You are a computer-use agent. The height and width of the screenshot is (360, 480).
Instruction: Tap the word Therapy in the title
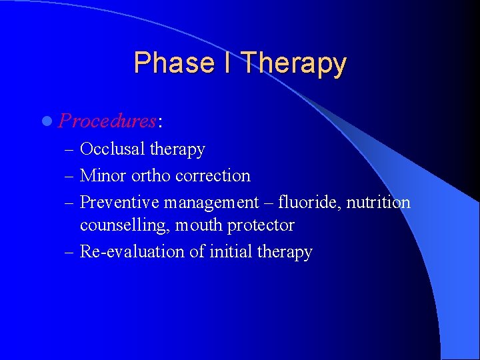click(294, 64)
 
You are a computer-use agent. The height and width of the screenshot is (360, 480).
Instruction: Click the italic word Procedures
click(107, 121)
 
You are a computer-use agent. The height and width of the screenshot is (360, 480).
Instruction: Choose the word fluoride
click(307, 202)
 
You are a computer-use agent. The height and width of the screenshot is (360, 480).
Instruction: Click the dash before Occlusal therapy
click(70, 150)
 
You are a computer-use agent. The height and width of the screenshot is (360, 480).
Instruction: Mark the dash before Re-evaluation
click(70, 252)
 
